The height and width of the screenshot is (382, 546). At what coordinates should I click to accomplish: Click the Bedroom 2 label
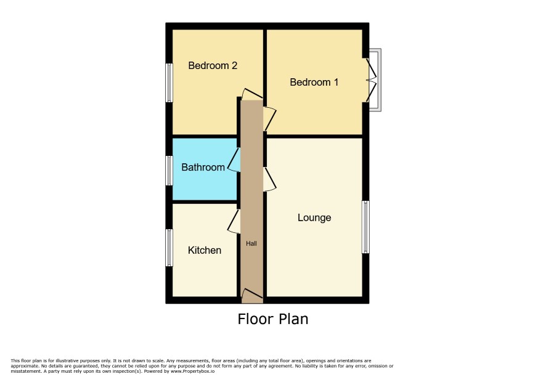click(x=213, y=65)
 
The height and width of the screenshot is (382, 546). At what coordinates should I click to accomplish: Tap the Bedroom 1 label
click(x=314, y=82)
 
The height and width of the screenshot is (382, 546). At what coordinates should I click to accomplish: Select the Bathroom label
click(x=203, y=167)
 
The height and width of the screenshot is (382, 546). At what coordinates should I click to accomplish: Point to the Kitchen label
click(x=205, y=250)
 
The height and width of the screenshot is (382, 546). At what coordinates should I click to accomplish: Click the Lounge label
click(x=314, y=217)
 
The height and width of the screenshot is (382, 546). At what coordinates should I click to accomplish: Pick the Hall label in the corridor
click(x=251, y=243)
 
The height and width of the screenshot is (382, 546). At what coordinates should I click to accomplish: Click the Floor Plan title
click(x=272, y=319)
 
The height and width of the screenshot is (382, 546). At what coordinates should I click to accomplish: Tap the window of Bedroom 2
click(x=169, y=83)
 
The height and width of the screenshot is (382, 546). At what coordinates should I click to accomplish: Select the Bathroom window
click(x=169, y=171)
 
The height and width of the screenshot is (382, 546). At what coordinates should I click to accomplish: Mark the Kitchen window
click(x=169, y=248)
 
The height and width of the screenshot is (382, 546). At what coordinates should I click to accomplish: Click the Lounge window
click(x=365, y=227)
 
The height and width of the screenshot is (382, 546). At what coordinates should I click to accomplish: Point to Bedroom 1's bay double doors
click(x=372, y=80)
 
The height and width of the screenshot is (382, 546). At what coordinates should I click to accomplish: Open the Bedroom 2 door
click(x=252, y=94)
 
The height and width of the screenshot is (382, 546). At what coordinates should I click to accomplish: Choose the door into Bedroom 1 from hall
click(x=269, y=118)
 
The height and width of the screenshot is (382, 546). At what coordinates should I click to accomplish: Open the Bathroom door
click(x=234, y=160)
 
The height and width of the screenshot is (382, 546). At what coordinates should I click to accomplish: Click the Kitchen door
click(x=234, y=221)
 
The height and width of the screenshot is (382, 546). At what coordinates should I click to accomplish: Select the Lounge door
click(x=269, y=179)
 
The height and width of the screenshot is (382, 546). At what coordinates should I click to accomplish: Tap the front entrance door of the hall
click(x=252, y=295)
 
